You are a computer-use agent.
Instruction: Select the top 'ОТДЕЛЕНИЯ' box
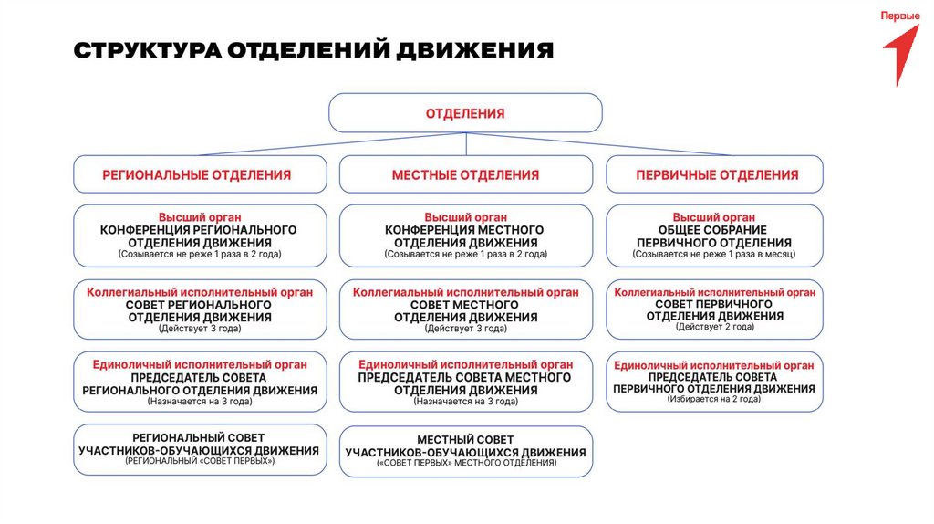(x=465, y=113)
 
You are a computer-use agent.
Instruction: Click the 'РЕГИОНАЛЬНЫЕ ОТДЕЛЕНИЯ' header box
(x=200, y=174)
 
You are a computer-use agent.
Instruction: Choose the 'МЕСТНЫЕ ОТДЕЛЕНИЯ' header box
(x=465, y=174)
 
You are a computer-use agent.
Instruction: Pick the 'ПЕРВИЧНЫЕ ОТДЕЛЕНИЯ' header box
(x=715, y=174)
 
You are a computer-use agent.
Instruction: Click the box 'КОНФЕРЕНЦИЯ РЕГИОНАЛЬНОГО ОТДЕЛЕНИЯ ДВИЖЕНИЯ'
(x=200, y=236)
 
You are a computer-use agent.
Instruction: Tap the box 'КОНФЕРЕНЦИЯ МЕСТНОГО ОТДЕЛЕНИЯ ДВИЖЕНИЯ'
(x=465, y=236)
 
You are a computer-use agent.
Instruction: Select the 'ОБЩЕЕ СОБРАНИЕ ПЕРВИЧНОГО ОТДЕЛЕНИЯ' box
(x=715, y=236)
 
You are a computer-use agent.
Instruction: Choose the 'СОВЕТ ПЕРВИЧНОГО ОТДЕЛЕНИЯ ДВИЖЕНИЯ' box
(x=715, y=309)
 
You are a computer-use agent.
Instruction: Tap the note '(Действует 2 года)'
(x=715, y=327)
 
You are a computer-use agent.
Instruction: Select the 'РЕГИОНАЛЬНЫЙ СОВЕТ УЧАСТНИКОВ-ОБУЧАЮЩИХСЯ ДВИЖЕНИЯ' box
(x=200, y=449)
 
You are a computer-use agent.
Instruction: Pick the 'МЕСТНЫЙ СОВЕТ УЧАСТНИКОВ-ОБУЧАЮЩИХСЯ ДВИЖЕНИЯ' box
(x=465, y=451)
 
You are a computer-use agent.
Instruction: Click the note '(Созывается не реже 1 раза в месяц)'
(x=715, y=256)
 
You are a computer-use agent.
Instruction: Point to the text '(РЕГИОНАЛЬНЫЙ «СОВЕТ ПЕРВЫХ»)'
(x=200, y=462)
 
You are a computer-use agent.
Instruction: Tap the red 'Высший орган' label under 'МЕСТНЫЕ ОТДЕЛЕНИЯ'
(x=465, y=217)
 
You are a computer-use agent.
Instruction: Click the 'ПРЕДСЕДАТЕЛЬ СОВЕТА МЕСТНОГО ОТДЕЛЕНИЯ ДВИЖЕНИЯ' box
(x=465, y=383)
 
